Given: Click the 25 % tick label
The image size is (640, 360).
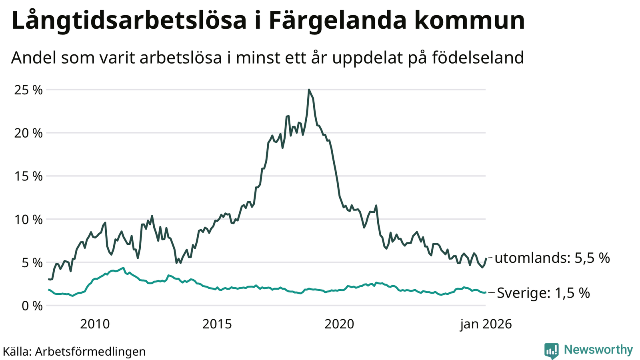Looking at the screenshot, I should tap(28, 90).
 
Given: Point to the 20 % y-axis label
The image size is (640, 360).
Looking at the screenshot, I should tap(28, 133).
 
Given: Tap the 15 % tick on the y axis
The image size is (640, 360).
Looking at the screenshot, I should tap(28, 176).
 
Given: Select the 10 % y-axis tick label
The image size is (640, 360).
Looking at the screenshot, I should tap(28, 220).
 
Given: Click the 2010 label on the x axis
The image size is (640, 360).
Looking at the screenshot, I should tap(95, 324).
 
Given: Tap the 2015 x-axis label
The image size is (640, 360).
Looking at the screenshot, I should tap(217, 324).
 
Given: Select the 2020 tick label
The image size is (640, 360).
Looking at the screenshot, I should tap(339, 324).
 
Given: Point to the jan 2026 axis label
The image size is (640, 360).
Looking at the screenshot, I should tap(486, 324).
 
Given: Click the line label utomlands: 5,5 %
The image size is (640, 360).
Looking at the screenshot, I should tap(552, 258).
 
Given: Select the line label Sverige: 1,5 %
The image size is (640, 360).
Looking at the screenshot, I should tap(543, 293).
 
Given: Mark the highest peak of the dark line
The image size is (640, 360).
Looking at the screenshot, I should tap(309, 90).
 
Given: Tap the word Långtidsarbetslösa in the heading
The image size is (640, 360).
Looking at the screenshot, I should tap(129, 21).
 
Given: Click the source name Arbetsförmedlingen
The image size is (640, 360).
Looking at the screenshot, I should tap(90, 352).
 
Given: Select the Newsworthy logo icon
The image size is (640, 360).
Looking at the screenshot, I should tap(551, 350).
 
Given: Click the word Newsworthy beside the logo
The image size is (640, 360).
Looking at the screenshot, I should tap(598, 350).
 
